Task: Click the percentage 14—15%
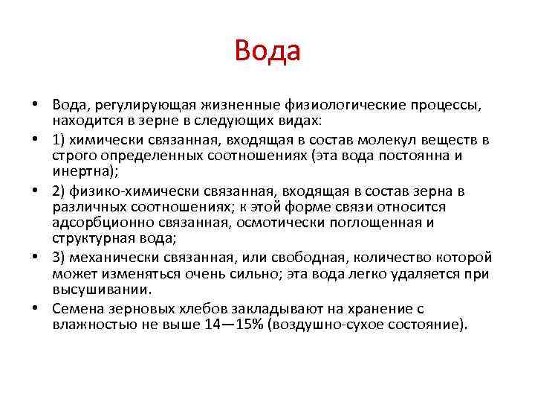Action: point(227,325)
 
